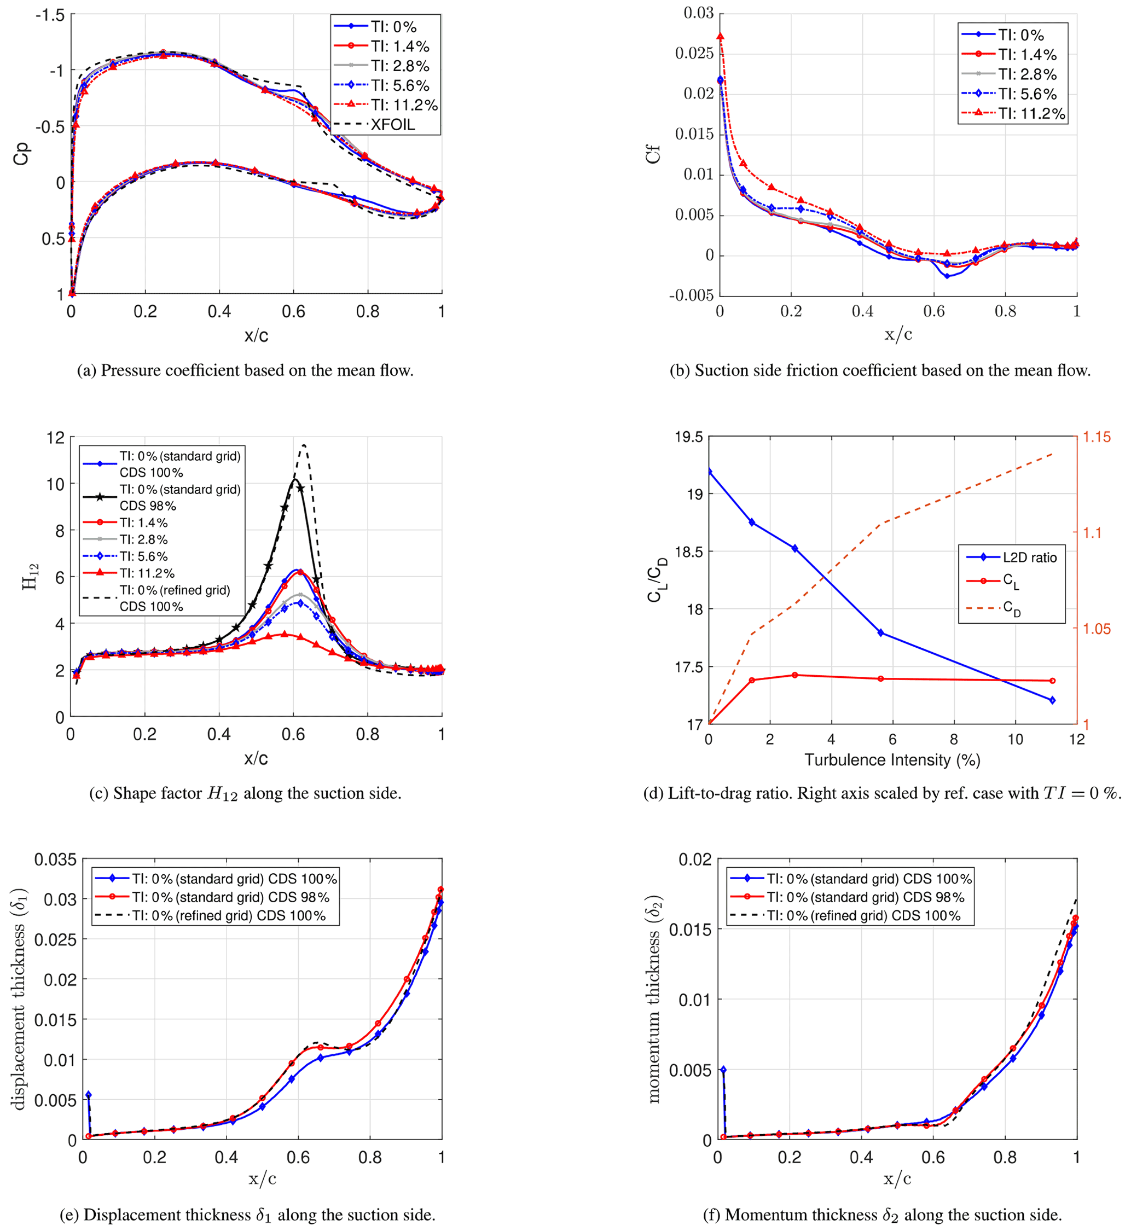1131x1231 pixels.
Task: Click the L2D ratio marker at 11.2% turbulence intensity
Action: [x=1052, y=700]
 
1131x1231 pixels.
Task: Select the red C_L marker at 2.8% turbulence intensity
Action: [x=794, y=675]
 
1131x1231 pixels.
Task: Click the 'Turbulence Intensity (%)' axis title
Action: [x=892, y=760]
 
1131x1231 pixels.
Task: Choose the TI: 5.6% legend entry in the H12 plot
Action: [x=143, y=556]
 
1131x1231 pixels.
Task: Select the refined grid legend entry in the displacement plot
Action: [x=229, y=915]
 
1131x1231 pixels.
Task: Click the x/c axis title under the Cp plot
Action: [x=256, y=335]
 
